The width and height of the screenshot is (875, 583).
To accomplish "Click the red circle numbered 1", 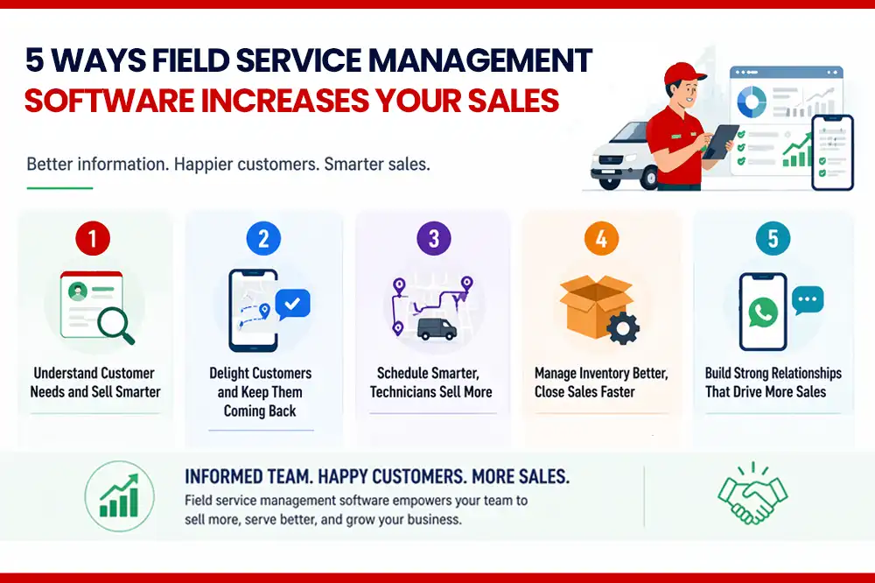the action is tap(93, 238).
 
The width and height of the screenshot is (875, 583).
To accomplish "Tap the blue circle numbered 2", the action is tap(263, 238).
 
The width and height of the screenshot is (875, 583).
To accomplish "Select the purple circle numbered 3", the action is tap(434, 238).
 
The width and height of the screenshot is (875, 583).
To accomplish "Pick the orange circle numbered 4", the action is tap(601, 238).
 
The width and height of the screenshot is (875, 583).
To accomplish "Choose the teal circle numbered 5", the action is tap(773, 238).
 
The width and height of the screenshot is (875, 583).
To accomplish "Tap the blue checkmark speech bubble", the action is tap(292, 305).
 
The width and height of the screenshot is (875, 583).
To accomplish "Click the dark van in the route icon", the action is tap(437, 329).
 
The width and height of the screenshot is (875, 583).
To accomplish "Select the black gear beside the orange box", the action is tap(623, 328).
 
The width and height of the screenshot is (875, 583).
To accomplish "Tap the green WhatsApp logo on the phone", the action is tap(763, 313).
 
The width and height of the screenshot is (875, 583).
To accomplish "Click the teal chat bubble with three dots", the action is tap(807, 300).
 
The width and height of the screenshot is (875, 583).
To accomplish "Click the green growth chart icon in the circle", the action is tap(119, 495).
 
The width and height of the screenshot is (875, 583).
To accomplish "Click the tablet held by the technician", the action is tap(721, 141).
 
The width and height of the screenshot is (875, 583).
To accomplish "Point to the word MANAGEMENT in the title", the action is tap(479, 61).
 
